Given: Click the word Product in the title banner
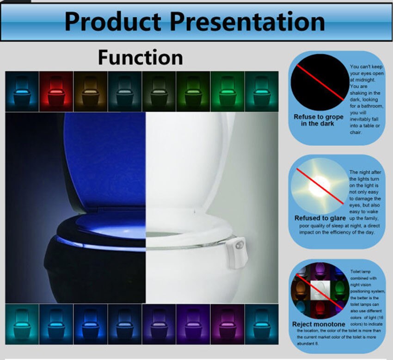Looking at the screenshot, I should pos(113,21).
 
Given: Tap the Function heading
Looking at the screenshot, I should pos(140,58).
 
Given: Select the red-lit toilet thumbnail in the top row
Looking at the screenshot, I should pos(56,91).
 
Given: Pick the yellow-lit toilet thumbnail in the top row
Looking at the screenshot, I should pos(91,91).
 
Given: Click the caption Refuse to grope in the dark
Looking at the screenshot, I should pos(319,120).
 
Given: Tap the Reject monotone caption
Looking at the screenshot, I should pos(319,324).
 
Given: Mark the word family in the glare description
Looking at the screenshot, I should pos(369,218).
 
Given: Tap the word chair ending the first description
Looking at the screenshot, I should pos(356,132).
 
